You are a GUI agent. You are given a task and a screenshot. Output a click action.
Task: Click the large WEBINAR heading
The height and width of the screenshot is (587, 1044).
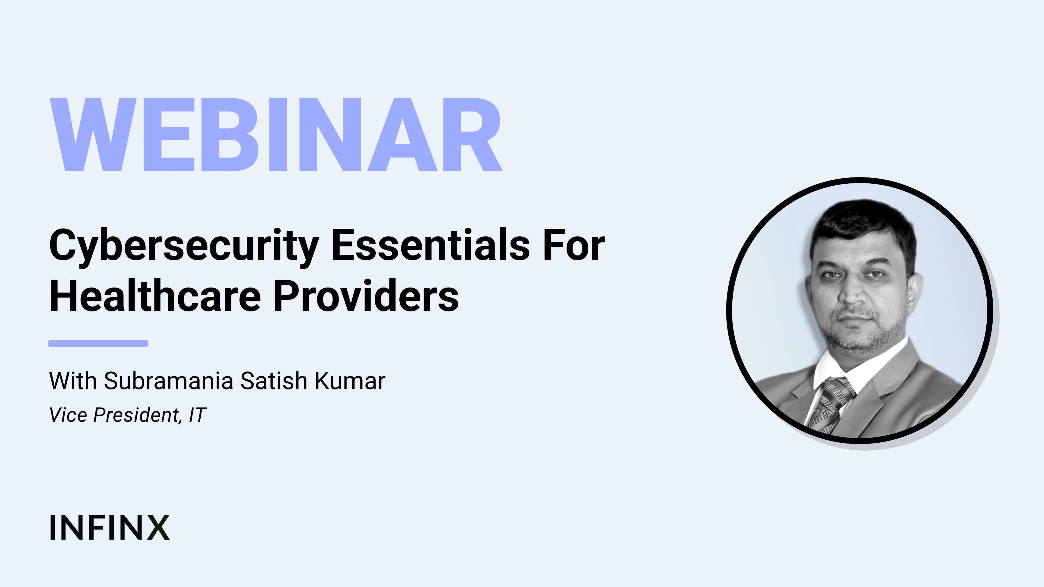(276, 135)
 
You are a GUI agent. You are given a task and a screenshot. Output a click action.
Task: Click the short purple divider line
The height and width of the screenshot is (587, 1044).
(98, 344)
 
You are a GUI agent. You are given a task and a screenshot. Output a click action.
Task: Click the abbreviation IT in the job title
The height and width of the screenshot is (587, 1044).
(198, 415)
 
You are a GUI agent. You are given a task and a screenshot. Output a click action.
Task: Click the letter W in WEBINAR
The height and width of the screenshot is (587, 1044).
(93, 135)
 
